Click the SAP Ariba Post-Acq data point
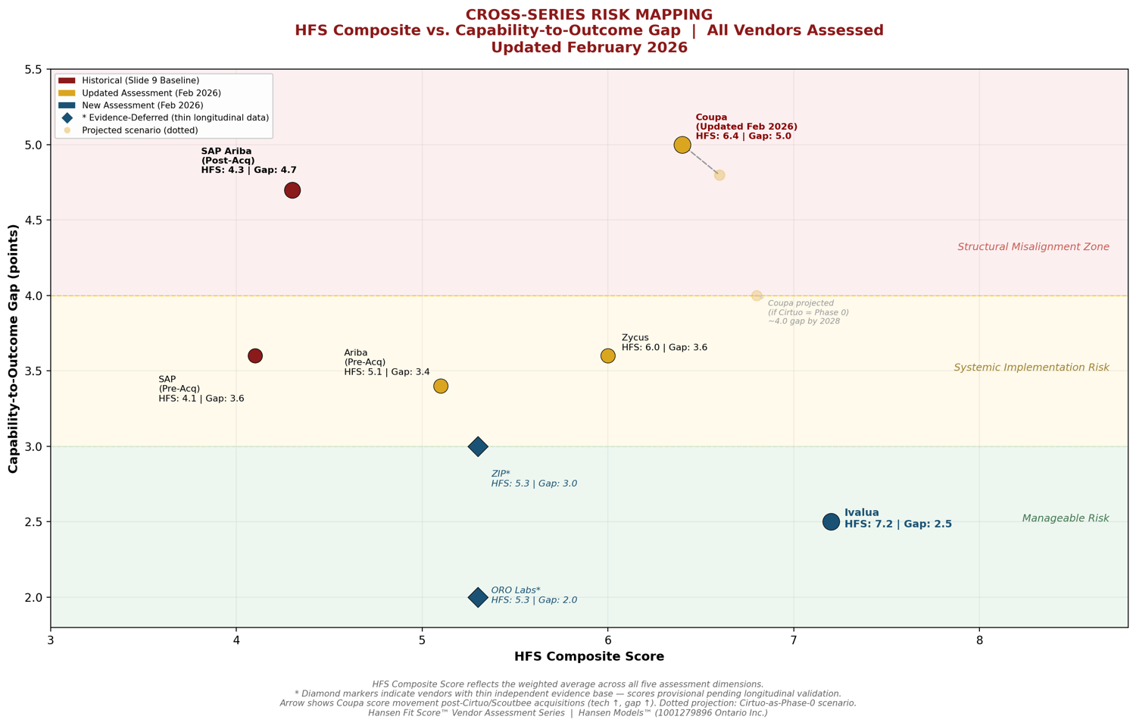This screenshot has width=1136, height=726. (x=292, y=190)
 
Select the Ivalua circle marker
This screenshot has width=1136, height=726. (x=831, y=521)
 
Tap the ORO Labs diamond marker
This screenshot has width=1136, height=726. (x=477, y=597)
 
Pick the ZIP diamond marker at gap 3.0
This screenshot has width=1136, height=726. (x=477, y=446)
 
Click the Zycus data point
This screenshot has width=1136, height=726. (x=607, y=355)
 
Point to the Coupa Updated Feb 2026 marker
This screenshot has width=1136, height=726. (x=682, y=145)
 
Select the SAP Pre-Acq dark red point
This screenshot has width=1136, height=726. (x=255, y=355)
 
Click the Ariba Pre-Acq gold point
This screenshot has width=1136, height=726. (x=441, y=386)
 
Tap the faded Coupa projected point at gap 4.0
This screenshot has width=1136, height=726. (x=757, y=296)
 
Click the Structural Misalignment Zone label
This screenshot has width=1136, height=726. (x=1033, y=247)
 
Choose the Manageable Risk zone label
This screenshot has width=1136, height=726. (x=1065, y=518)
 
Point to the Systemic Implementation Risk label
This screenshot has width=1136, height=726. (x=1031, y=368)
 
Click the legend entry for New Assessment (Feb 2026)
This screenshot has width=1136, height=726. (x=142, y=105)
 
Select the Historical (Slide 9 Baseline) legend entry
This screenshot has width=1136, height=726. (x=140, y=80)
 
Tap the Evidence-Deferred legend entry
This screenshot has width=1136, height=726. (x=175, y=117)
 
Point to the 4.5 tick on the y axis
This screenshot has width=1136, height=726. (x=33, y=221)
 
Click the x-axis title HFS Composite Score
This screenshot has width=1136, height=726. (x=588, y=657)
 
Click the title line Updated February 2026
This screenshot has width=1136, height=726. (x=588, y=48)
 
